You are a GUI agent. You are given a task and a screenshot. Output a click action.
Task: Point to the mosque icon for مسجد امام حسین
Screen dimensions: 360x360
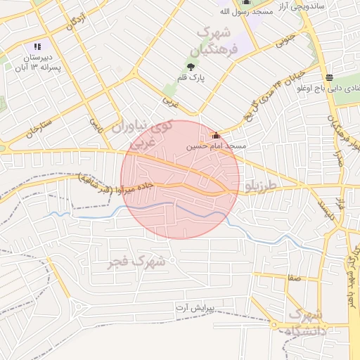pos(216,136)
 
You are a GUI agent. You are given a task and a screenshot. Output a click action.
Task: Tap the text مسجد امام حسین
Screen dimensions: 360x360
pos(214,147)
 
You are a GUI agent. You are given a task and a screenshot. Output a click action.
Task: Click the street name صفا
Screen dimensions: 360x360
pos(294,278)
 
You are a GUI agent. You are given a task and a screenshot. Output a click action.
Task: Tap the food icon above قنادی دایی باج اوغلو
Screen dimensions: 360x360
pos(329,77)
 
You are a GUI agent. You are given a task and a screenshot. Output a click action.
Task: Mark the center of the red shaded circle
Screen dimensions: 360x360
pos(180,180)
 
